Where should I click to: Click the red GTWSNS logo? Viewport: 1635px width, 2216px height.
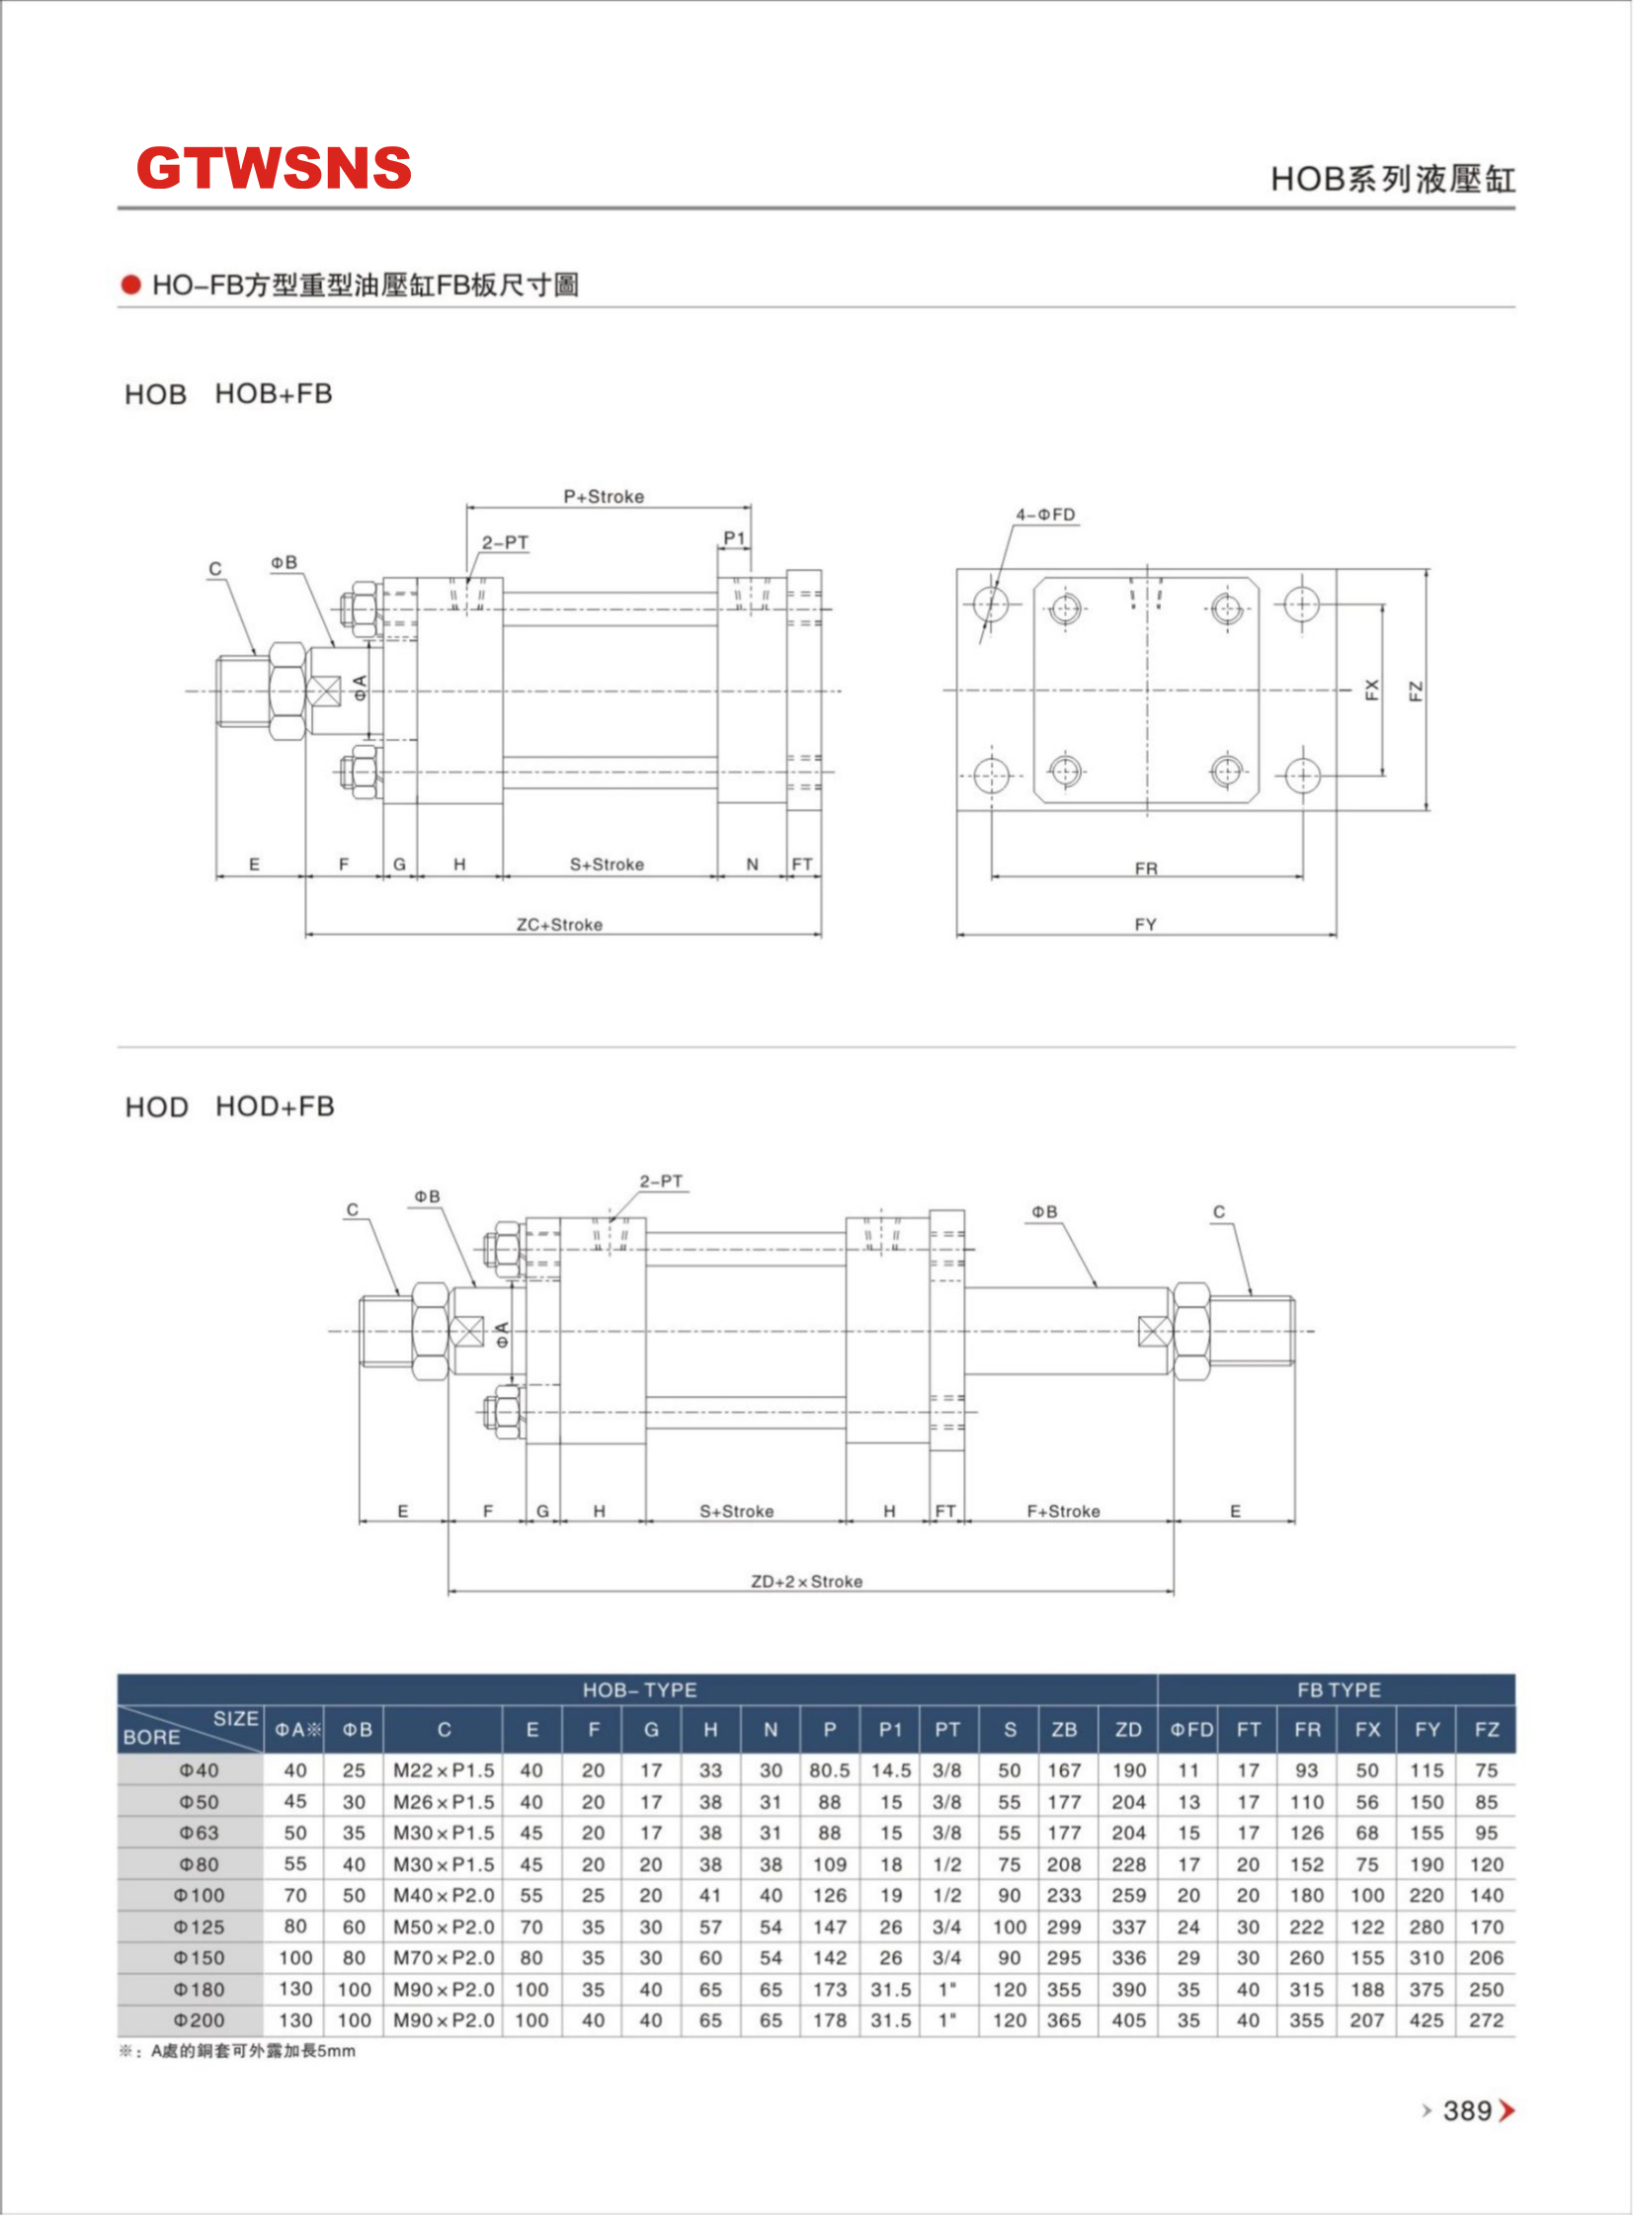274,167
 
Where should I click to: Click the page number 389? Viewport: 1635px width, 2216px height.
1467,2110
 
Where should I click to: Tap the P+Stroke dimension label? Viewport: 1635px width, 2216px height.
604,496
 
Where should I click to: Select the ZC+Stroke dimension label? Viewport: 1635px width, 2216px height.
559,925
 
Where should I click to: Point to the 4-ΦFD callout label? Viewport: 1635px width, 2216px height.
1045,515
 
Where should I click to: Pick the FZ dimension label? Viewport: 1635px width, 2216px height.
1416,690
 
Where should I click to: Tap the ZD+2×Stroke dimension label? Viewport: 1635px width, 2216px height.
806,1581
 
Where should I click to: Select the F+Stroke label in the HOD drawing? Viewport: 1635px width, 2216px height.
1063,1512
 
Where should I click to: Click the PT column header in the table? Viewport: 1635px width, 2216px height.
947,1729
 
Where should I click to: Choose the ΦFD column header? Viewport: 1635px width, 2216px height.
1190,1729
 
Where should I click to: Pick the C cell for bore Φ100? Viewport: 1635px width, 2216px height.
444,1894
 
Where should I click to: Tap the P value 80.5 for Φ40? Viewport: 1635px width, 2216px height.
830,1769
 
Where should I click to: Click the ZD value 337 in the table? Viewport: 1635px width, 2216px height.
1128,1926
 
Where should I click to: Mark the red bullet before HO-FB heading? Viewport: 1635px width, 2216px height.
130,286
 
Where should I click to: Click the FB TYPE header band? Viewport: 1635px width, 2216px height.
1338,1688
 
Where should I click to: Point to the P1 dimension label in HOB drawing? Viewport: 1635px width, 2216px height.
734,537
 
